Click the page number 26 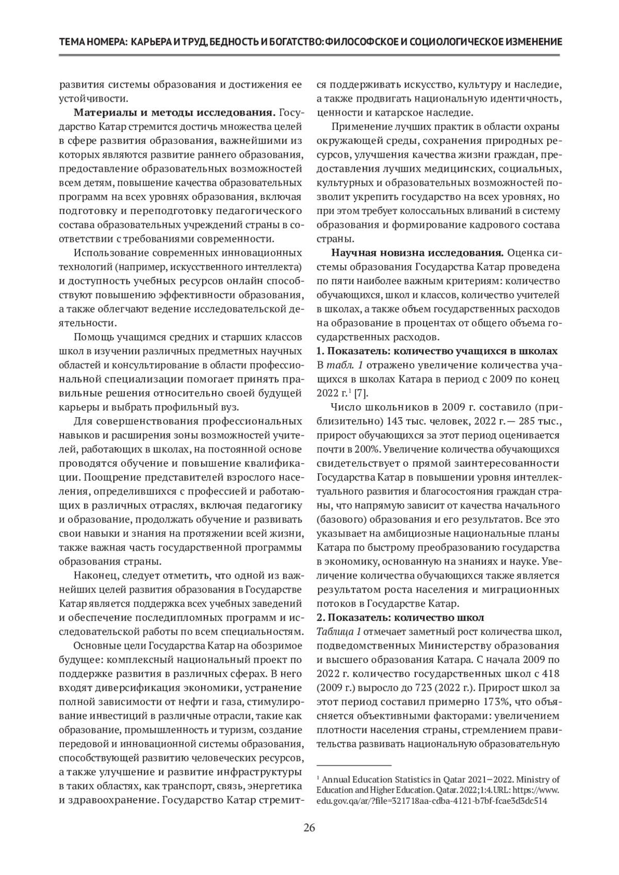point(309,828)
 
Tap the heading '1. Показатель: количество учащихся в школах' point(437,351)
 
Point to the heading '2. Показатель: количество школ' point(400,617)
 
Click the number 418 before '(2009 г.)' point(550,674)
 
